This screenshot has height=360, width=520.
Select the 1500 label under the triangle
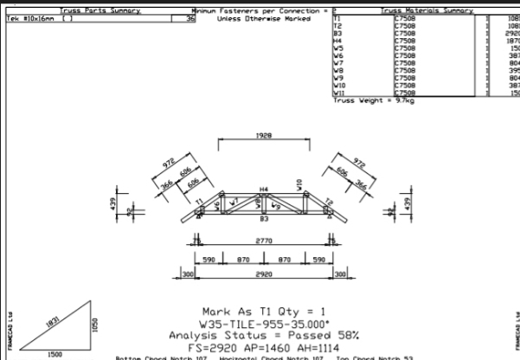[x=55, y=353]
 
